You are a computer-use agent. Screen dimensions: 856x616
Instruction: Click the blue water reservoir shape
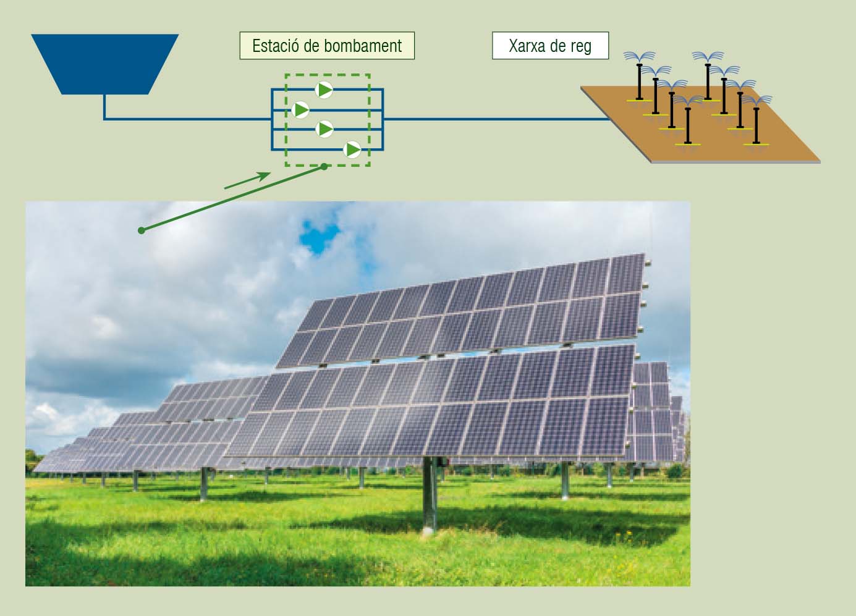click(x=104, y=64)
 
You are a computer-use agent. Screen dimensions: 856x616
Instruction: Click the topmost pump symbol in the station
click(x=324, y=90)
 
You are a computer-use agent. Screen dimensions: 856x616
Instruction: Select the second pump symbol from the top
click(x=300, y=110)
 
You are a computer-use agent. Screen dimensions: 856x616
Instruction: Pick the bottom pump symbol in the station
click(x=352, y=150)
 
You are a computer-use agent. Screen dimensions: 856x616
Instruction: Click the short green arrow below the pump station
click(x=247, y=180)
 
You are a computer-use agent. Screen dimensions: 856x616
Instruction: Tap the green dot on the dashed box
click(x=324, y=167)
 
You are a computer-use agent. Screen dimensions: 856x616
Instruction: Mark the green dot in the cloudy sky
click(x=142, y=230)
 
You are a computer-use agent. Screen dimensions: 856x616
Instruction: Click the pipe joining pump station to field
click(x=497, y=119)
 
